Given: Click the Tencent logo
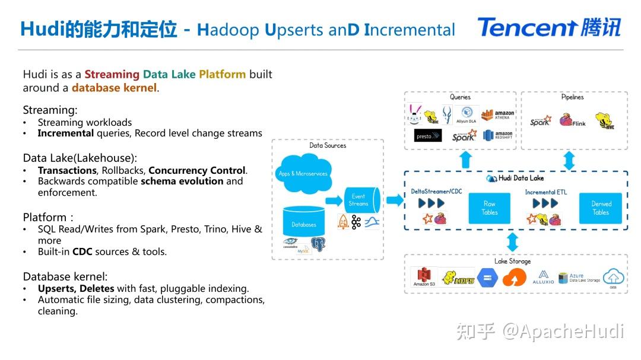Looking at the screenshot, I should coord(549,27).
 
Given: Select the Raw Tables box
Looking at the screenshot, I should coord(489,208).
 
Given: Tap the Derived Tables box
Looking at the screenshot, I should coord(601,208).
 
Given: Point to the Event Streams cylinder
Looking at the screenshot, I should coord(360,200).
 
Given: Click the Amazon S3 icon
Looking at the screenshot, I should coord(424,278).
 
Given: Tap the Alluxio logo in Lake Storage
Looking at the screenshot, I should coord(543,277).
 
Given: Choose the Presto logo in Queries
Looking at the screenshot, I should coord(427,136).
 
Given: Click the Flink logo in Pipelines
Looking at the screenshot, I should coord(572,122).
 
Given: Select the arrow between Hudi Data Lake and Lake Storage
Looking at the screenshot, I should coord(512,241).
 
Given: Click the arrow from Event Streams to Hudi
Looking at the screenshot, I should coord(394,200).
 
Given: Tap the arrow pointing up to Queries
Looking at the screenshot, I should coord(466,160).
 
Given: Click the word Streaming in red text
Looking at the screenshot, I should coord(112,74).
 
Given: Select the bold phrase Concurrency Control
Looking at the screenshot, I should coord(197,170).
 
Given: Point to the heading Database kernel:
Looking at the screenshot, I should coord(65,276).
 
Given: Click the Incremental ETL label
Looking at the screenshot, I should coord(548,192).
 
